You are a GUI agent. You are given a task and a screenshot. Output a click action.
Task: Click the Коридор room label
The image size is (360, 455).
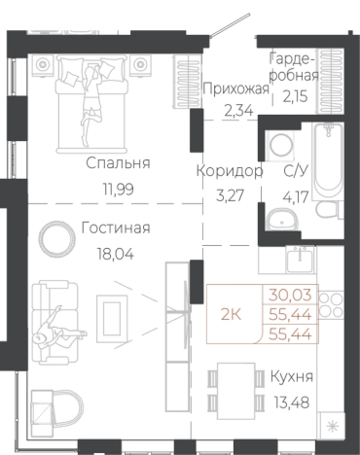(x=230, y=170)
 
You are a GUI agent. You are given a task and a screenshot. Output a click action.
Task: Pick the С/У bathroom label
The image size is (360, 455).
(x=297, y=170)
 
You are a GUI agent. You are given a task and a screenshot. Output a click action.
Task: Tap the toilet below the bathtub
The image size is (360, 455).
(x=327, y=214)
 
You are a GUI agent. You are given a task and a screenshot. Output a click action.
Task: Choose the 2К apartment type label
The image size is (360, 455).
(x=233, y=313)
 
